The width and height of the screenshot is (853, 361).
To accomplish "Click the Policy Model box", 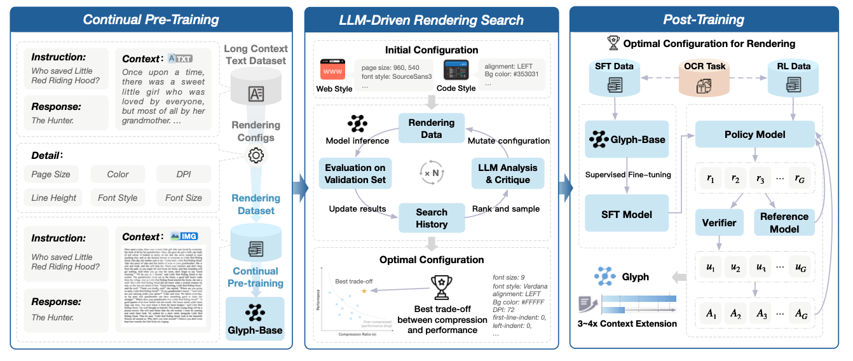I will (754, 135).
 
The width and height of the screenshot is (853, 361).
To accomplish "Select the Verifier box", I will (719, 222).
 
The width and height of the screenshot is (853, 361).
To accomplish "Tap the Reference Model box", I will (784, 222).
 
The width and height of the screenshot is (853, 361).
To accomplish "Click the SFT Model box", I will (627, 215).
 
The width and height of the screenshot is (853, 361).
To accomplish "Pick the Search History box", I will (432, 218).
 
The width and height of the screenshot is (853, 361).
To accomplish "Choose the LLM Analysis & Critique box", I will (507, 174).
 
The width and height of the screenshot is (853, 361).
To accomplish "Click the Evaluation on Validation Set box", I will (355, 174).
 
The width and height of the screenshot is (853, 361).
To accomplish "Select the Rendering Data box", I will (432, 129).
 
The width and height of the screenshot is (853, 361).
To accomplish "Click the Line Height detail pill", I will (54, 198).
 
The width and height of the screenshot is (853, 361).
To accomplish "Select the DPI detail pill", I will (183, 174).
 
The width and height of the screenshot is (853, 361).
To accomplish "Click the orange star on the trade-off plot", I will (364, 290).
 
